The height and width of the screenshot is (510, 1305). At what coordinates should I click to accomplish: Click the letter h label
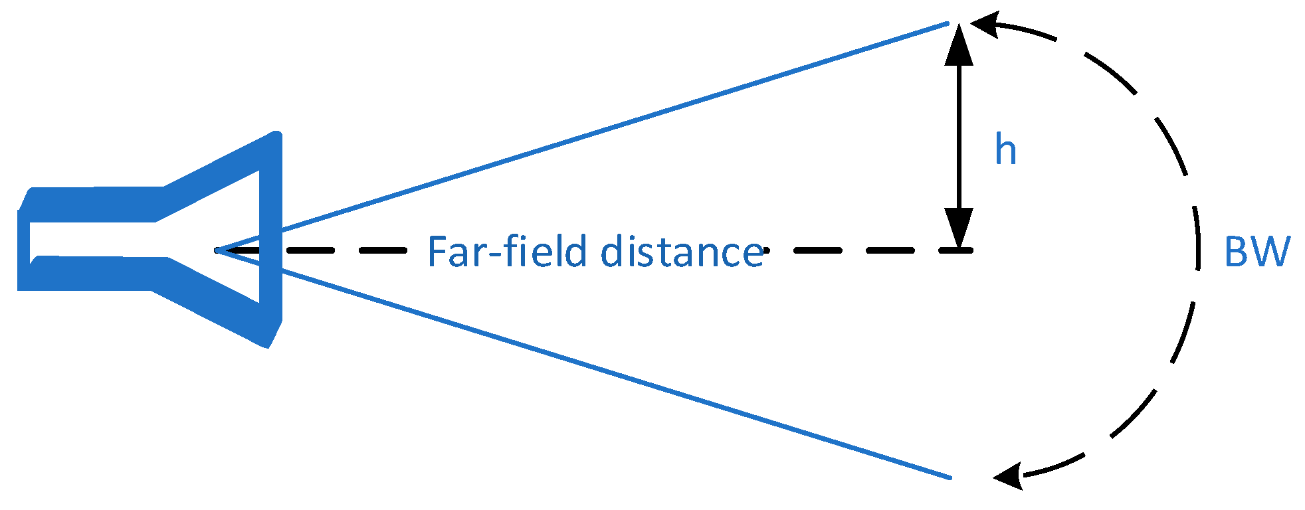coord(1005,150)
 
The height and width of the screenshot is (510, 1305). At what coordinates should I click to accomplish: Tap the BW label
coord(1256,252)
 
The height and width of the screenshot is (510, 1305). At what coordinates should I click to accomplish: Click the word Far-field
coord(507,252)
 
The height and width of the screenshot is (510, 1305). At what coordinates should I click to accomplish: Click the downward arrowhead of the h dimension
coord(959,228)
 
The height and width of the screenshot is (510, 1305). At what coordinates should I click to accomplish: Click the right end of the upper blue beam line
coord(947,24)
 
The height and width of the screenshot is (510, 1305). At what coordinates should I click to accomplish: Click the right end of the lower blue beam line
coord(950,477)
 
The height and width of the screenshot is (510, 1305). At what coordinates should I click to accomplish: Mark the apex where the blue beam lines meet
coord(217,250)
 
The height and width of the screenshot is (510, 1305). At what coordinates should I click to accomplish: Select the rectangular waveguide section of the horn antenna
coord(93,239)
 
